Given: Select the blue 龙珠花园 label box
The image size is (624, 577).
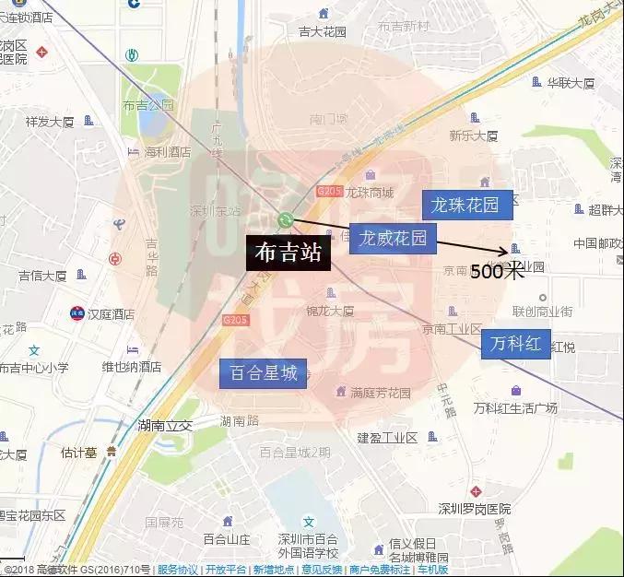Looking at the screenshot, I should coord(465,205).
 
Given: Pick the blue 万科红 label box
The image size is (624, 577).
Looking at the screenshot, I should coord(515,343).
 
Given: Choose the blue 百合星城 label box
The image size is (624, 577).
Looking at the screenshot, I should coord(263,373).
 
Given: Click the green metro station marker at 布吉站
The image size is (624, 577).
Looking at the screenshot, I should coord(286,219).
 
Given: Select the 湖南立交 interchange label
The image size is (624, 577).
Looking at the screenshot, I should coord(164,425).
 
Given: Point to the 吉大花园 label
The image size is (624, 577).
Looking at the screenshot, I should coord(323,31).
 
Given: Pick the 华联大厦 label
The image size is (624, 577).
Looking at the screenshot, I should coord(571,82).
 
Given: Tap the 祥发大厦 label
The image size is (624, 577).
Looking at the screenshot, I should coord(50,121).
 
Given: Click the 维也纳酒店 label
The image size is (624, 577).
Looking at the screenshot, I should coord(131,366).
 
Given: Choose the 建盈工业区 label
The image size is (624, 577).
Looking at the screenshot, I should coord(388,436).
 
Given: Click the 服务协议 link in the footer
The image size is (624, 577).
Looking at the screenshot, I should coord(177,570).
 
